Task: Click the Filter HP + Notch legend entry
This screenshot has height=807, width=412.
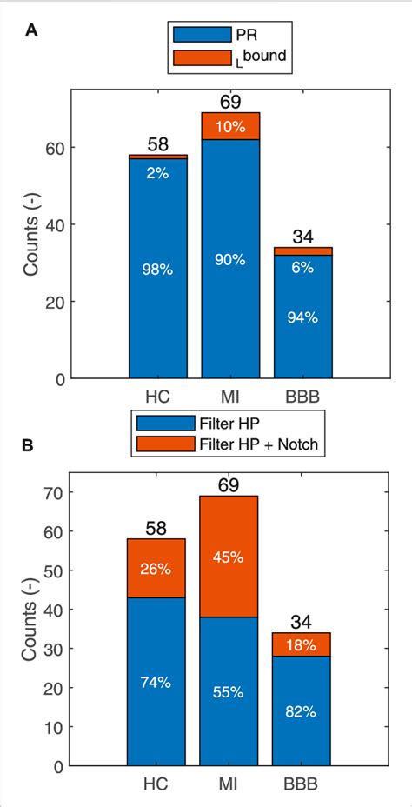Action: click(x=229, y=444)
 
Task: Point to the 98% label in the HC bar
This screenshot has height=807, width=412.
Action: click(x=158, y=270)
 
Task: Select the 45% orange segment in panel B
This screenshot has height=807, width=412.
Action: click(x=229, y=556)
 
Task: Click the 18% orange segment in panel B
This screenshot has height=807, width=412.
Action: click(x=301, y=644)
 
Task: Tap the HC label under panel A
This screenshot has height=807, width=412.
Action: click(x=158, y=396)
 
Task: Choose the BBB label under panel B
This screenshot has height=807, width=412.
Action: click(x=301, y=784)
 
